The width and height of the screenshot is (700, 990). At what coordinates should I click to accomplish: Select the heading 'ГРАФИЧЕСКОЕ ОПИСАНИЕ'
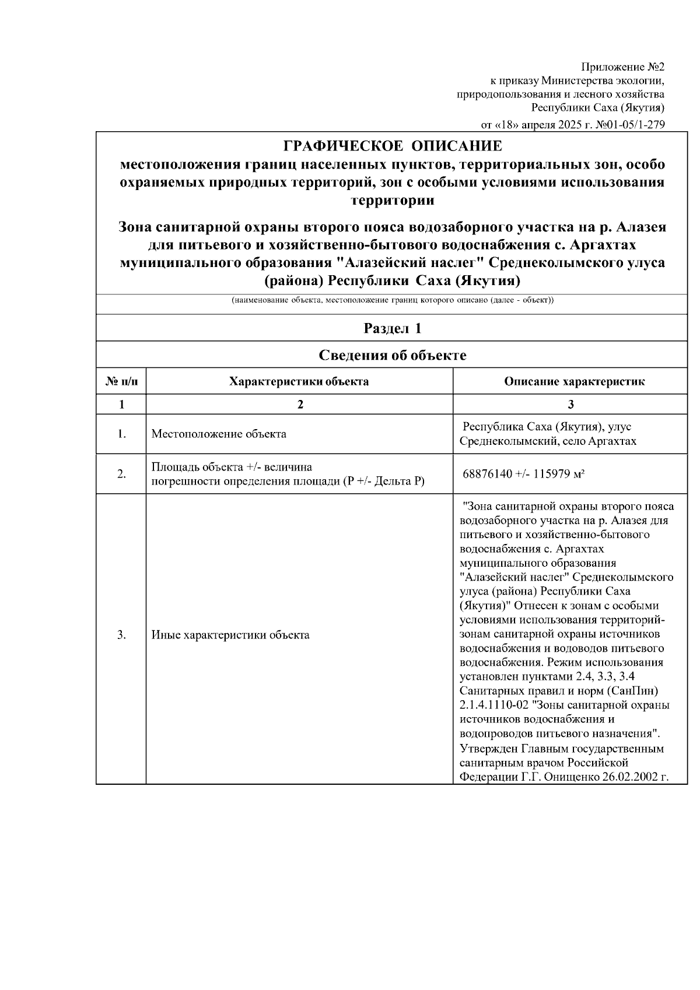tap(392, 146)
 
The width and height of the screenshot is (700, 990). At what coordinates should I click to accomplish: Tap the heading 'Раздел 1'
tap(392, 328)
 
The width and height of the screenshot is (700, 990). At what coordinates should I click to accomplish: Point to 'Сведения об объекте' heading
tap(392, 355)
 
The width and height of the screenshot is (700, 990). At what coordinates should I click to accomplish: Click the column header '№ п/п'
tap(121, 382)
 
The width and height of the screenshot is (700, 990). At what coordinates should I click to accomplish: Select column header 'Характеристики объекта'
tap(299, 382)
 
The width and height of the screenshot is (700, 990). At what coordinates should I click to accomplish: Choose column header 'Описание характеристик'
tap(574, 382)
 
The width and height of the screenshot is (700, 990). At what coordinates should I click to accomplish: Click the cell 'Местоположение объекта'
tap(219, 434)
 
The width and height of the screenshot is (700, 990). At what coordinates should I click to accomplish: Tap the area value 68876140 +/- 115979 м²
tap(523, 475)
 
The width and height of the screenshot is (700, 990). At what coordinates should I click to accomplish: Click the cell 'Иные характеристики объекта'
tap(230, 635)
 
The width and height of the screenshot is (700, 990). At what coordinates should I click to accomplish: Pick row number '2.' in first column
tap(121, 475)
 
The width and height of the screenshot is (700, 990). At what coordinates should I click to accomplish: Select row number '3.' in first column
tap(121, 635)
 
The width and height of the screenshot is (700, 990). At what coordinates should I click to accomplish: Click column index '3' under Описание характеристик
tap(570, 405)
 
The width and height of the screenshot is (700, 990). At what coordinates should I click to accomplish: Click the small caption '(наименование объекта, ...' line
tap(392, 300)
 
